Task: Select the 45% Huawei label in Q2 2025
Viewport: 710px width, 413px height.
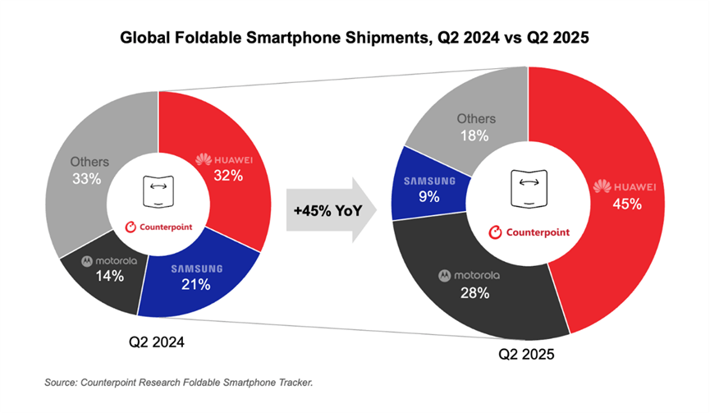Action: click(x=625, y=204)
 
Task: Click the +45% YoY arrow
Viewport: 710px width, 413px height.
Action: click(x=332, y=211)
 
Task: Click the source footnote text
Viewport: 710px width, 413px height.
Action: click(x=180, y=383)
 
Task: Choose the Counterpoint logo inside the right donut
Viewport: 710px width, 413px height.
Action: click(x=529, y=232)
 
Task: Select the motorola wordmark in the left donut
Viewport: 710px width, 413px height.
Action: click(x=109, y=260)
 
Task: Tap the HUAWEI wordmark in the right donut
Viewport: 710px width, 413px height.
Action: click(x=625, y=187)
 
